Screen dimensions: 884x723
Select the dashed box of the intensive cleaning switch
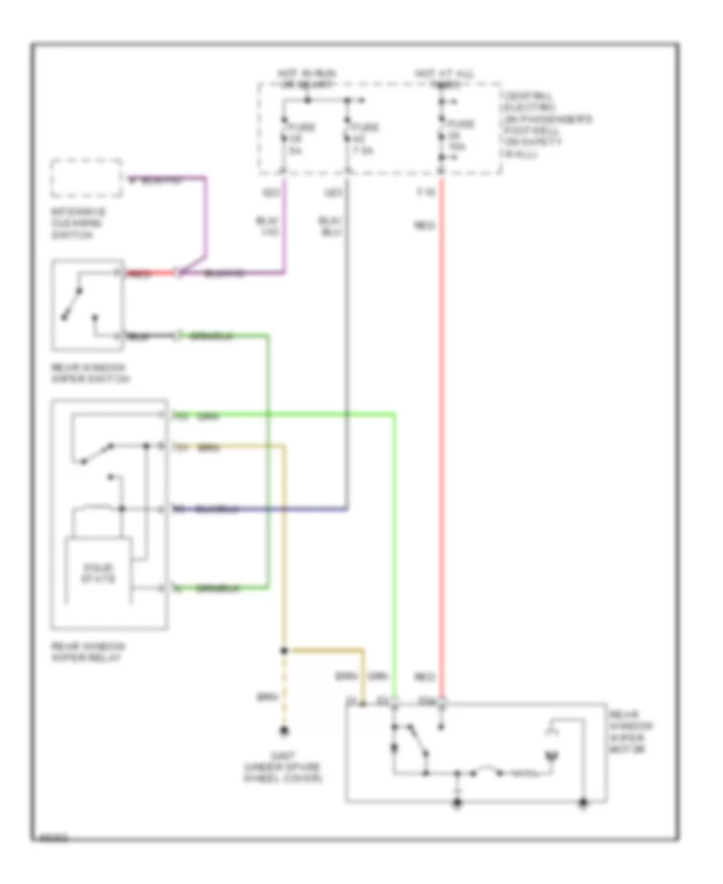(x=87, y=178)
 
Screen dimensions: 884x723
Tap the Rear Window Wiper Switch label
(x=89, y=373)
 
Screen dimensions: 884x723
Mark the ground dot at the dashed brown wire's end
(x=283, y=731)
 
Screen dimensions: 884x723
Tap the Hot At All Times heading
(x=443, y=77)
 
